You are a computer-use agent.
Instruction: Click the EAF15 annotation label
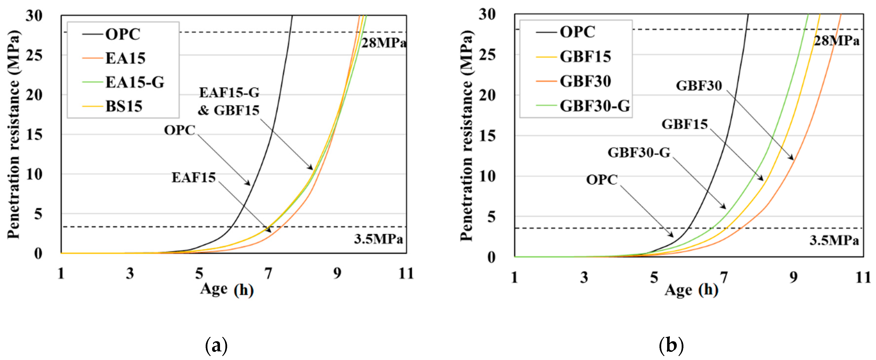click(x=194, y=177)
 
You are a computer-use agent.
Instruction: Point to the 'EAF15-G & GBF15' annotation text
click(x=229, y=101)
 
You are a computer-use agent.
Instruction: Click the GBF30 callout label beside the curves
click(x=698, y=86)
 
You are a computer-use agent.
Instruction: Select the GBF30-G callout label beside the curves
click(x=639, y=153)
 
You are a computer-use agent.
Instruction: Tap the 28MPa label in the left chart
click(x=383, y=43)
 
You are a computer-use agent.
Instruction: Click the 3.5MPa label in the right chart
click(x=834, y=240)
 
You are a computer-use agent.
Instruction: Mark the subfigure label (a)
click(x=216, y=346)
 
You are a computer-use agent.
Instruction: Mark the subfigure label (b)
click(x=671, y=346)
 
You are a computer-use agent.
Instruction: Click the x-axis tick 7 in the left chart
click(x=268, y=273)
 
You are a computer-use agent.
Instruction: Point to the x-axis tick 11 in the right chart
click(x=863, y=277)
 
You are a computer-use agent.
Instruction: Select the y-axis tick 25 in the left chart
click(x=34, y=55)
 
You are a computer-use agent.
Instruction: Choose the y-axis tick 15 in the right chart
click(x=487, y=136)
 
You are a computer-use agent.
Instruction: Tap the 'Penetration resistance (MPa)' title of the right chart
click(x=467, y=136)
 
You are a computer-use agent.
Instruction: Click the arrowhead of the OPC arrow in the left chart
click(x=250, y=185)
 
